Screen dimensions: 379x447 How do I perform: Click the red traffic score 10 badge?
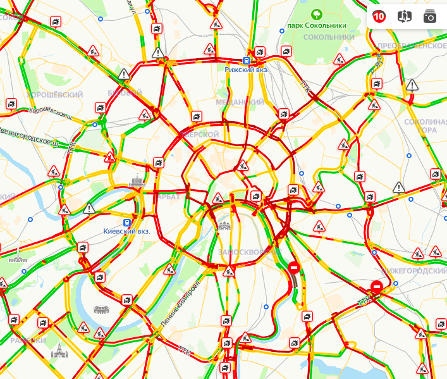point(379,16)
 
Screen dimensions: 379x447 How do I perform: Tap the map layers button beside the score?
point(404,16)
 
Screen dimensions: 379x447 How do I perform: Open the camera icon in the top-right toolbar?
point(429,16)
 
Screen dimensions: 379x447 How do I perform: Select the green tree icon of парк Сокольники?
point(315,13)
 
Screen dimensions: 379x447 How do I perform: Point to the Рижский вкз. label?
point(247,70)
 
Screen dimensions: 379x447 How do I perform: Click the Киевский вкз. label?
point(126,232)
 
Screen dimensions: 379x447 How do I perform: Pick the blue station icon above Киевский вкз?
point(127,222)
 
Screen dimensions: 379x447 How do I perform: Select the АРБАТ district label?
point(168,197)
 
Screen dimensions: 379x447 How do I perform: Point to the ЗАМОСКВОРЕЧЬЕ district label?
point(249,252)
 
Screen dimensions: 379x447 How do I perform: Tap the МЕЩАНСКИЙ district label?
point(240,102)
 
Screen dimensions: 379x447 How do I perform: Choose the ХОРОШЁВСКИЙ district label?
point(56,94)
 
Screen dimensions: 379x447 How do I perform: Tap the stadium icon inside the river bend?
point(101,310)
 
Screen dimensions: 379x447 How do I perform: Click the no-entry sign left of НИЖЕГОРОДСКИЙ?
point(376,286)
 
